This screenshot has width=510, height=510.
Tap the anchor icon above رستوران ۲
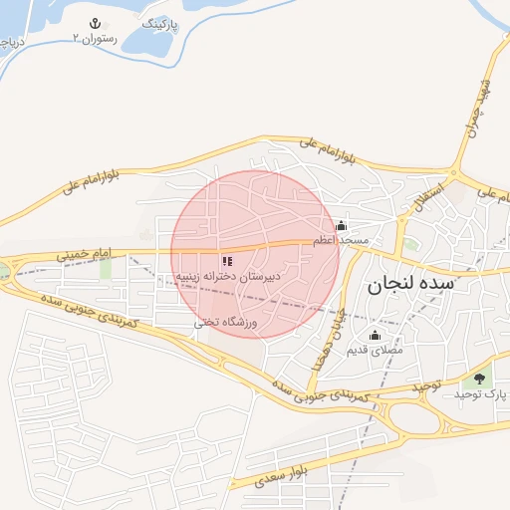(x=95, y=23)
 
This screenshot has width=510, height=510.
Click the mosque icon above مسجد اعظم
(x=342, y=225)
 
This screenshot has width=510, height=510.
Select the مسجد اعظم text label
(x=341, y=241)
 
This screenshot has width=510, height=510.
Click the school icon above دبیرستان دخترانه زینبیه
(x=227, y=260)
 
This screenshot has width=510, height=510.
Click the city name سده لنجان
(x=410, y=284)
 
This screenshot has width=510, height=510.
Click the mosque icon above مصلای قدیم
(x=375, y=335)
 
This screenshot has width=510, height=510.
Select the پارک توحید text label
(x=481, y=394)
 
